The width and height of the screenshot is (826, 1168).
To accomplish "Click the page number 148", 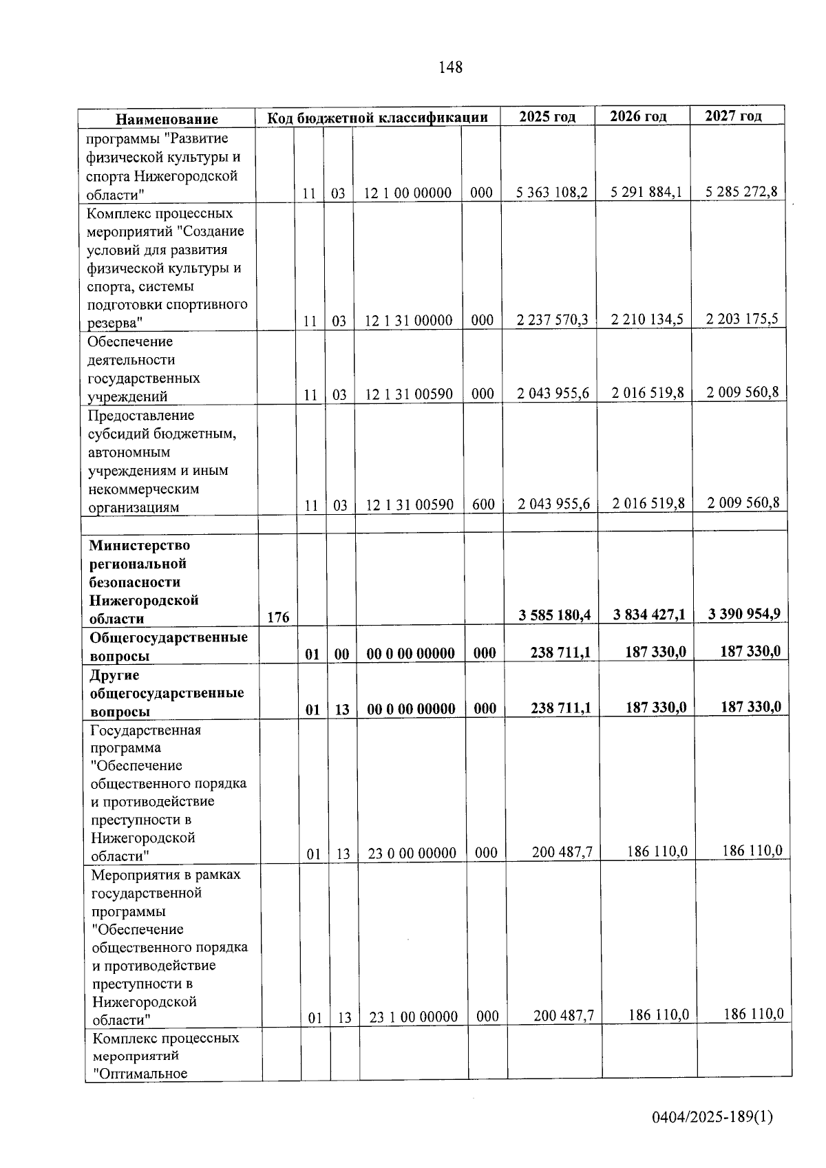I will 450,67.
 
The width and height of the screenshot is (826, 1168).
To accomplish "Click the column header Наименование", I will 167,119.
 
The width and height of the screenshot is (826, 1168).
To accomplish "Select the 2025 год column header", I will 547,116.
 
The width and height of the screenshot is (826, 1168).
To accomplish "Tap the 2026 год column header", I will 639,116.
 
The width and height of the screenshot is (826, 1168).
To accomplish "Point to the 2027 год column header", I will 733,116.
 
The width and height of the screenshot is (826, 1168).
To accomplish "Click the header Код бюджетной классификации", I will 377,118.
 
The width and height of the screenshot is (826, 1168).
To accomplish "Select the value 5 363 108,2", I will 552,192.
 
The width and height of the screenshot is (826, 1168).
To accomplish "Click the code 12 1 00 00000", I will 407,193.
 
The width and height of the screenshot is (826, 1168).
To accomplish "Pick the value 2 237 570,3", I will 553,319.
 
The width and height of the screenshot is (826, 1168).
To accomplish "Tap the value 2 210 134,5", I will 648,319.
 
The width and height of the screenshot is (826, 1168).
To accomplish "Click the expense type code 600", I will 483,505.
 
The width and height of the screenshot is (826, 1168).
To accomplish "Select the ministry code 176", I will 278,617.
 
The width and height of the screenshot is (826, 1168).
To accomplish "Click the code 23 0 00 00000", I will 412,853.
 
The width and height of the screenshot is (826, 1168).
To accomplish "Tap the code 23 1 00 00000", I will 413,1017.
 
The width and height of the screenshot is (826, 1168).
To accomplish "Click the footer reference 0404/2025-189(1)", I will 712,1116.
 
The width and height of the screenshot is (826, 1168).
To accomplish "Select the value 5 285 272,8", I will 741,191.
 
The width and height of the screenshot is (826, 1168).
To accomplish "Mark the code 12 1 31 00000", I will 408,321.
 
